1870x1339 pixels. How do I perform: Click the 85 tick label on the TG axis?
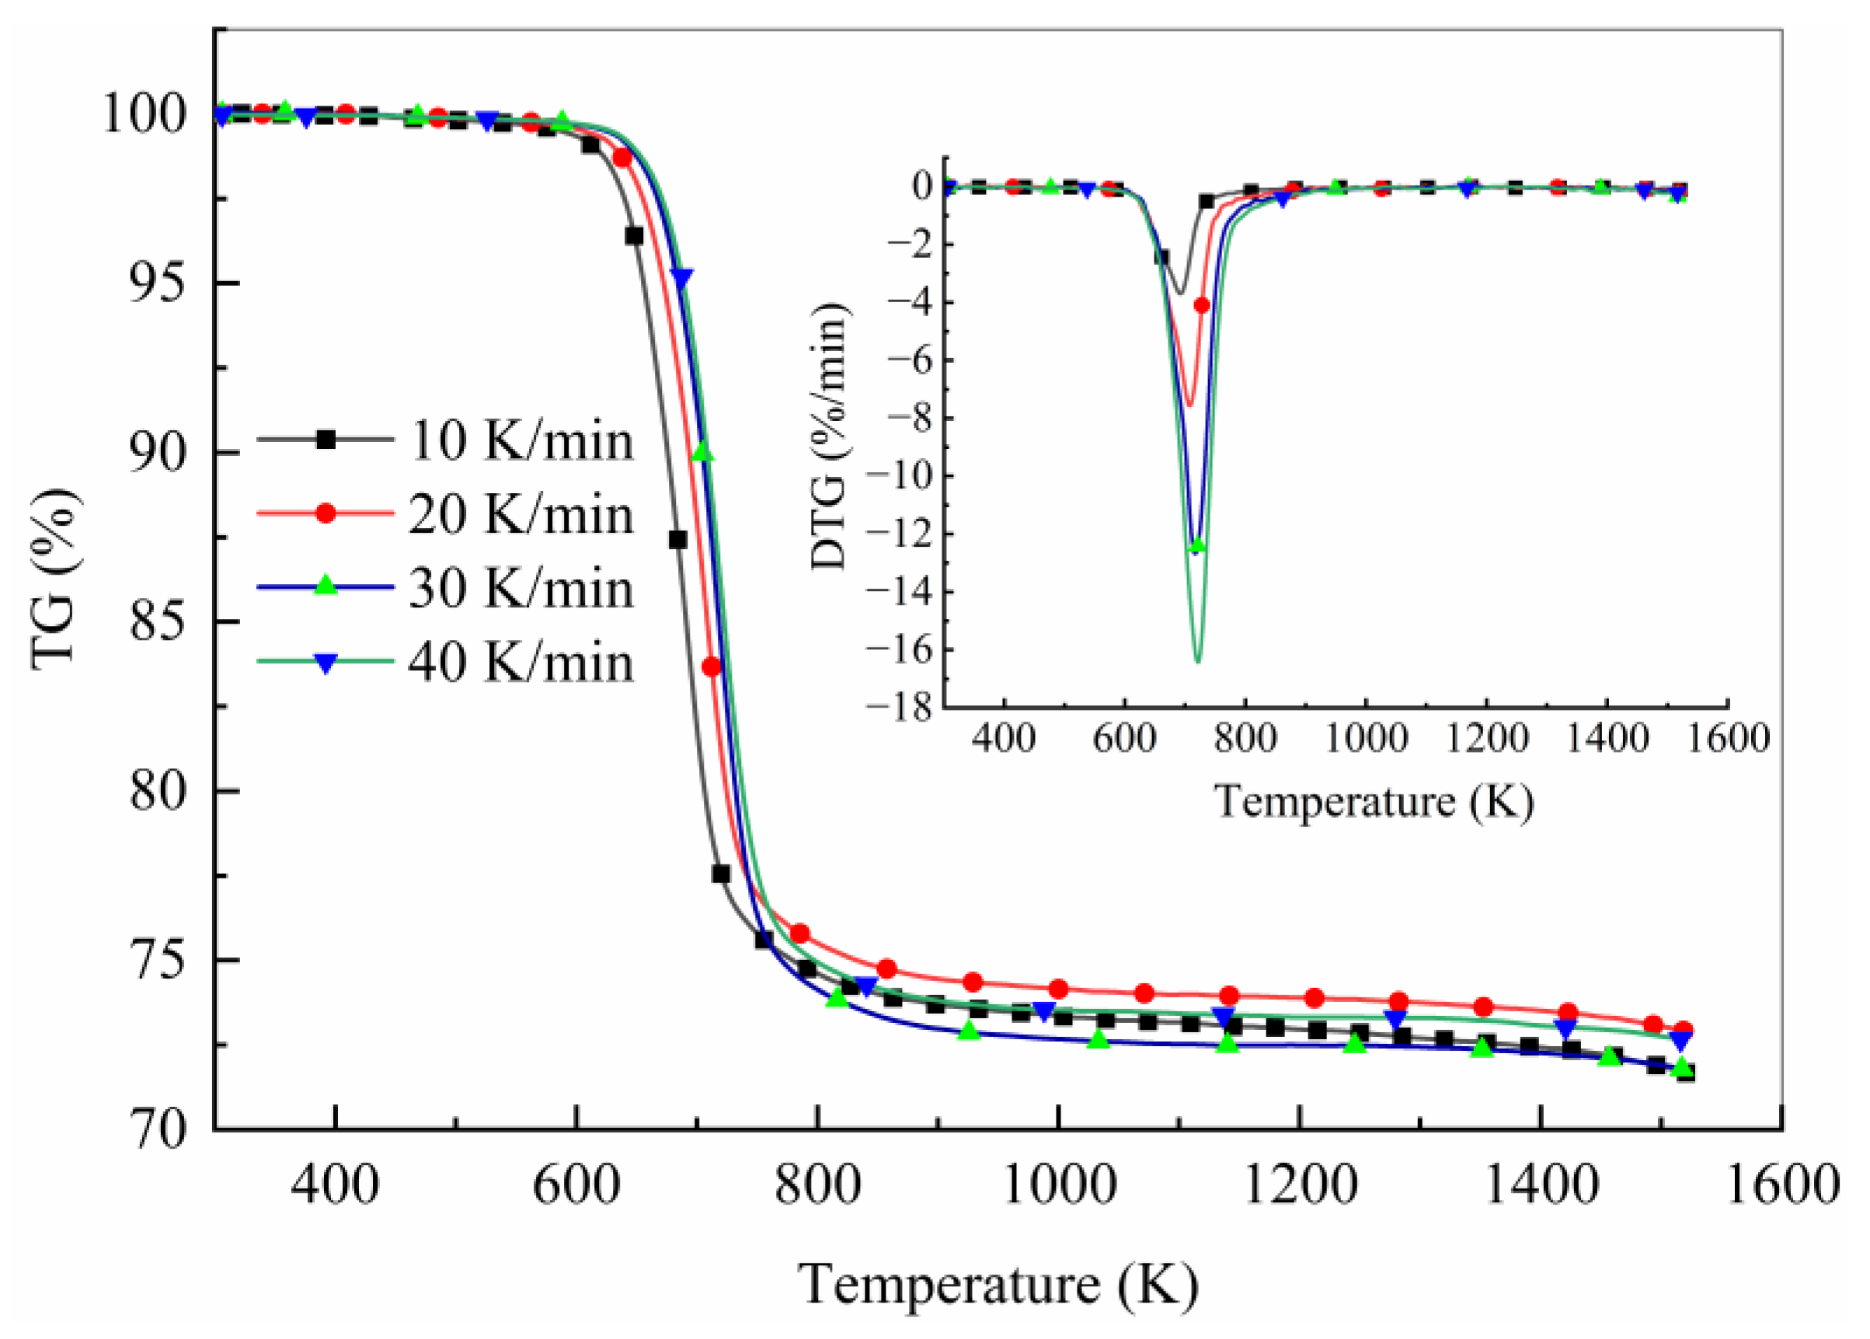(x=158, y=622)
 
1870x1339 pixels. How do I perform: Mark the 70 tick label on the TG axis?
(x=158, y=1129)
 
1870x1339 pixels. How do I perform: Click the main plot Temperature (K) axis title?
(x=998, y=1285)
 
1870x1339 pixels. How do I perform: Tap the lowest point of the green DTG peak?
(x=1197, y=662)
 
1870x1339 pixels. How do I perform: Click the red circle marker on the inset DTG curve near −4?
(x=1201, y=305)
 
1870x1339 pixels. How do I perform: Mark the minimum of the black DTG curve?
(x=1181, y=294)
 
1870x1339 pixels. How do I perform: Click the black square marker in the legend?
(x=326, y=440)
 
